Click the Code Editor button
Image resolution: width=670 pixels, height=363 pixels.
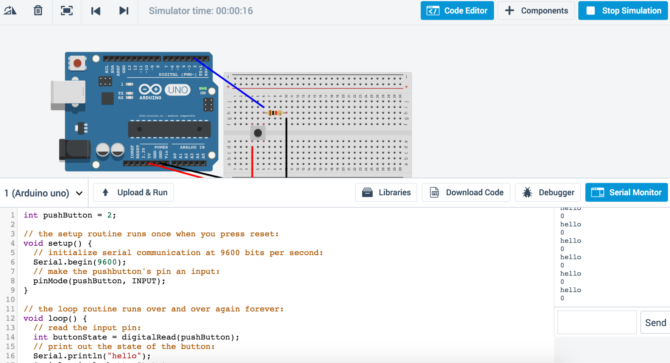tap(457, 11)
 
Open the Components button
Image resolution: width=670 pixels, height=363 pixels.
tap(536, 11)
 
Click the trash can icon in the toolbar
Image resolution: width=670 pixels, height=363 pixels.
tap(38, 11)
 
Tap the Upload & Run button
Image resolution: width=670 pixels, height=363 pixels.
tap(134, 192)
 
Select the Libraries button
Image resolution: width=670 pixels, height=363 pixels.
tap(386, 192)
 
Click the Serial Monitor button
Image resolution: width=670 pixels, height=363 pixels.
tap(626, 192)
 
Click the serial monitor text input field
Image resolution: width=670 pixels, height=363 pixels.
tap(596, 322)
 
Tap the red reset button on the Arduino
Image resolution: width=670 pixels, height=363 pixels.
tap(77, 63)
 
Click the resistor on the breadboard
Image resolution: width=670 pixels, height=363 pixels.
tap(275, 113)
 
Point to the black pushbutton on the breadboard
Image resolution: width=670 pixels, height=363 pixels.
tap(258, 133)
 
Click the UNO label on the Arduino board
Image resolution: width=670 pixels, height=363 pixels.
tap(178, 90)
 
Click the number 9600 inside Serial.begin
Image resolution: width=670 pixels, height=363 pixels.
tap(107, 262)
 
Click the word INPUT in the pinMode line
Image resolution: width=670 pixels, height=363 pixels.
tap(144, 281)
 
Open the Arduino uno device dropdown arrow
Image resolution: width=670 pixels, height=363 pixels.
tap(79, 193)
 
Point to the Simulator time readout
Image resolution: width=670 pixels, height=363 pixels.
tap(200, 11)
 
